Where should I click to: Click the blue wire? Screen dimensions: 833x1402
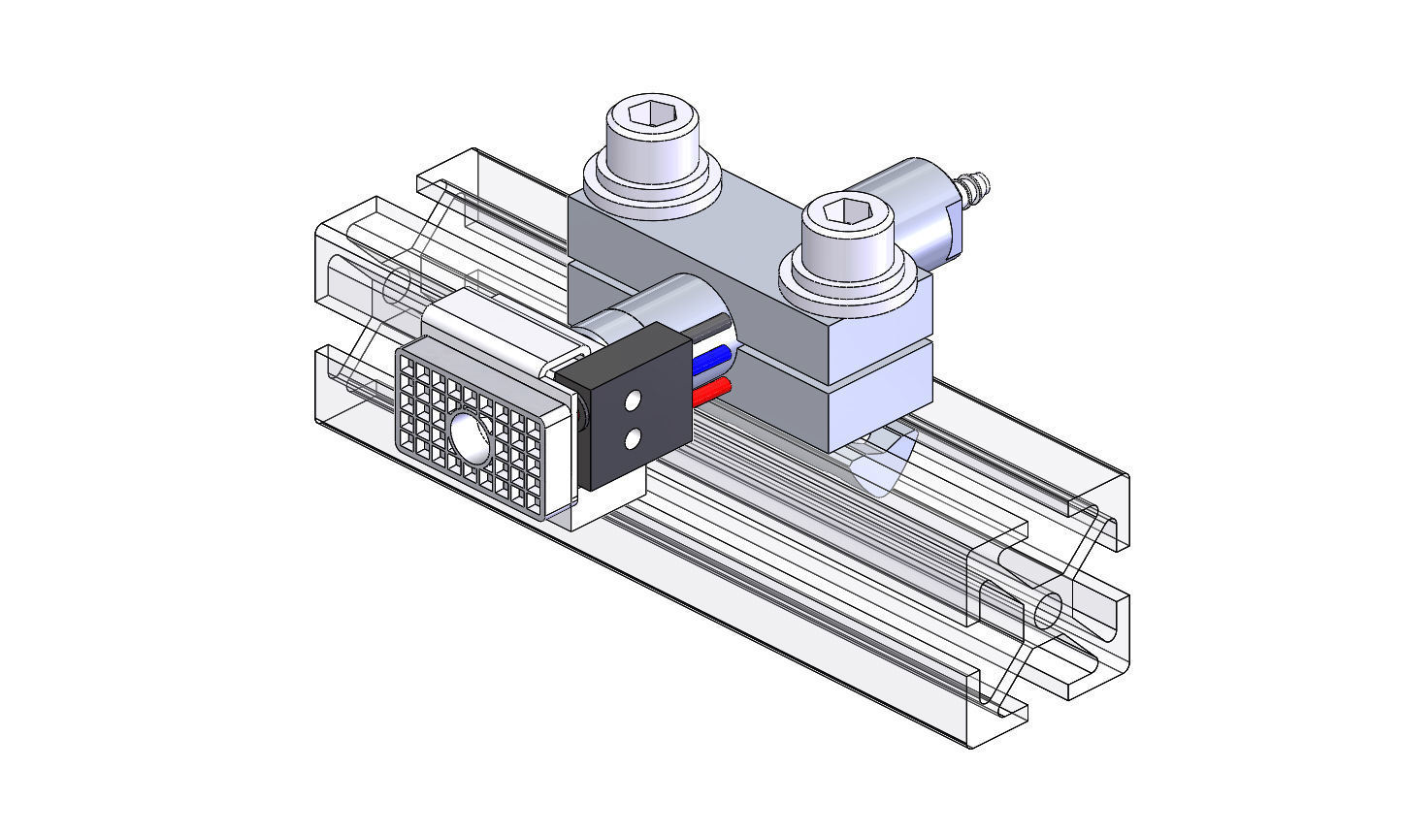coord(712,361)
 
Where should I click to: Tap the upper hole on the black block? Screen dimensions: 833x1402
coord(634,400)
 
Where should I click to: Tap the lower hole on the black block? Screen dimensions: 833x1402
coord(633,439)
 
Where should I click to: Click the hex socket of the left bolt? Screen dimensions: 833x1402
coord(652,114)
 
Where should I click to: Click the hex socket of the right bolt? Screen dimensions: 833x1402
coord(845,209)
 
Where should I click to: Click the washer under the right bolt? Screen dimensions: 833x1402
coord(846,285)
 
